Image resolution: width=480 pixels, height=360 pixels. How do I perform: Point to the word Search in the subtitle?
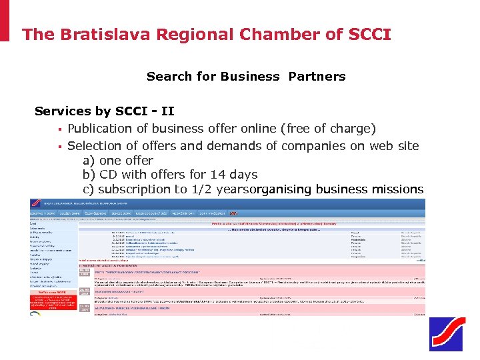[168, 76]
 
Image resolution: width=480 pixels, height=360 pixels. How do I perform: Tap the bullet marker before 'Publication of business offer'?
[59, 129]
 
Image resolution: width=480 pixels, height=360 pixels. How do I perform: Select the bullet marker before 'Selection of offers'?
[59, 146]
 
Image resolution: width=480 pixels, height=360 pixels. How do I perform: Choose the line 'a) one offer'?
[118, 160]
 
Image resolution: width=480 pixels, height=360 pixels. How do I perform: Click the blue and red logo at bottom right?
[445, 334]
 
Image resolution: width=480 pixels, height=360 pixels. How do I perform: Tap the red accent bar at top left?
[5, 21]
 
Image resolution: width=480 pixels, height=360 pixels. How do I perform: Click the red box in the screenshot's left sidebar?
[53, 303]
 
